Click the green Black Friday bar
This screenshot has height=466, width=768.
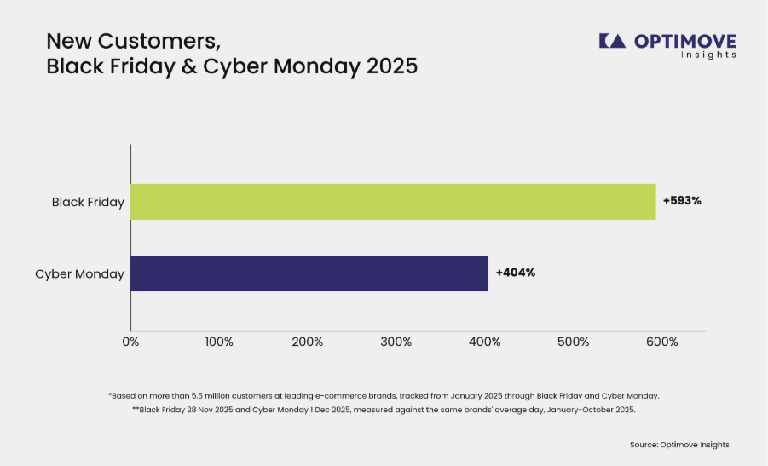click(393, 202)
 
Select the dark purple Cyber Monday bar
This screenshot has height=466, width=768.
click(309, 273)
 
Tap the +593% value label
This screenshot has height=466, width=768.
click(682, 201)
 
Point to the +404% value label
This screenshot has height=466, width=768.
click(515, 273)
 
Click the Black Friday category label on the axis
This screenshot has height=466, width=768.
click(88, 202)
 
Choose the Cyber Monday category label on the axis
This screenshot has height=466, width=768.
click(79, 274)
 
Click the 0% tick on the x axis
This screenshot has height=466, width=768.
click(130, 342)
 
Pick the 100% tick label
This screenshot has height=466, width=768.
click(219, 342)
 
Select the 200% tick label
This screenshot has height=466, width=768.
click(308, 342)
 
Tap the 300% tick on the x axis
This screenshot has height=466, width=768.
click(396, 342)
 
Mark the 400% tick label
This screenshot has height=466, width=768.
click(485, 342)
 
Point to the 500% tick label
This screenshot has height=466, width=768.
click(574, 342)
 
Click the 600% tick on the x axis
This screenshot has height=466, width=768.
click(662, 342)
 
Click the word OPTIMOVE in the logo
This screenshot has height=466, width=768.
click(685, 42)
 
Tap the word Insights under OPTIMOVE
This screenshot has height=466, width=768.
click(708, 55)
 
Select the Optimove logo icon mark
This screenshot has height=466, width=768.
click(612, 41)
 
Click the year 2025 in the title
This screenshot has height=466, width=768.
click(392, 66)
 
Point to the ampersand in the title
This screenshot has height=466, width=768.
click(189, 66)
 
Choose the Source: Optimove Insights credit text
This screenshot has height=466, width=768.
click(679, 445)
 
